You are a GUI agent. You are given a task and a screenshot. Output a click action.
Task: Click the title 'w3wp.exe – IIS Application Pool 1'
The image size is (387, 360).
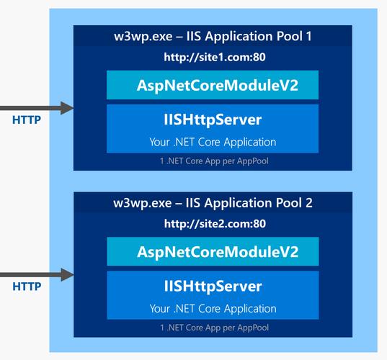(213, 36)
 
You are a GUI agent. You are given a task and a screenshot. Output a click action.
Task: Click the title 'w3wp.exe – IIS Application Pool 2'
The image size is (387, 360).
(213, 202)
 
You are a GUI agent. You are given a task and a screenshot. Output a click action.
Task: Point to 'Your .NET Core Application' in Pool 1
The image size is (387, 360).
(213, 141)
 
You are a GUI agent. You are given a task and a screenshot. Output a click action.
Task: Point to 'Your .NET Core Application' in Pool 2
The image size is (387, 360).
(213, 308)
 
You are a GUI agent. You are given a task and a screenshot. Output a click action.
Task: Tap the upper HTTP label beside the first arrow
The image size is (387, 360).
(27, 120)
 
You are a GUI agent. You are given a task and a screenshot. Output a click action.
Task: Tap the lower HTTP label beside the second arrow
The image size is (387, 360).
(27, 287)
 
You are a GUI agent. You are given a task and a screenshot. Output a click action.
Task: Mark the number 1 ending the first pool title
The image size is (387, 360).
(308, 36)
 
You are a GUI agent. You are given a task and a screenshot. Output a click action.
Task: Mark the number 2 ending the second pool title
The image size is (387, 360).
(308, 202)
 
